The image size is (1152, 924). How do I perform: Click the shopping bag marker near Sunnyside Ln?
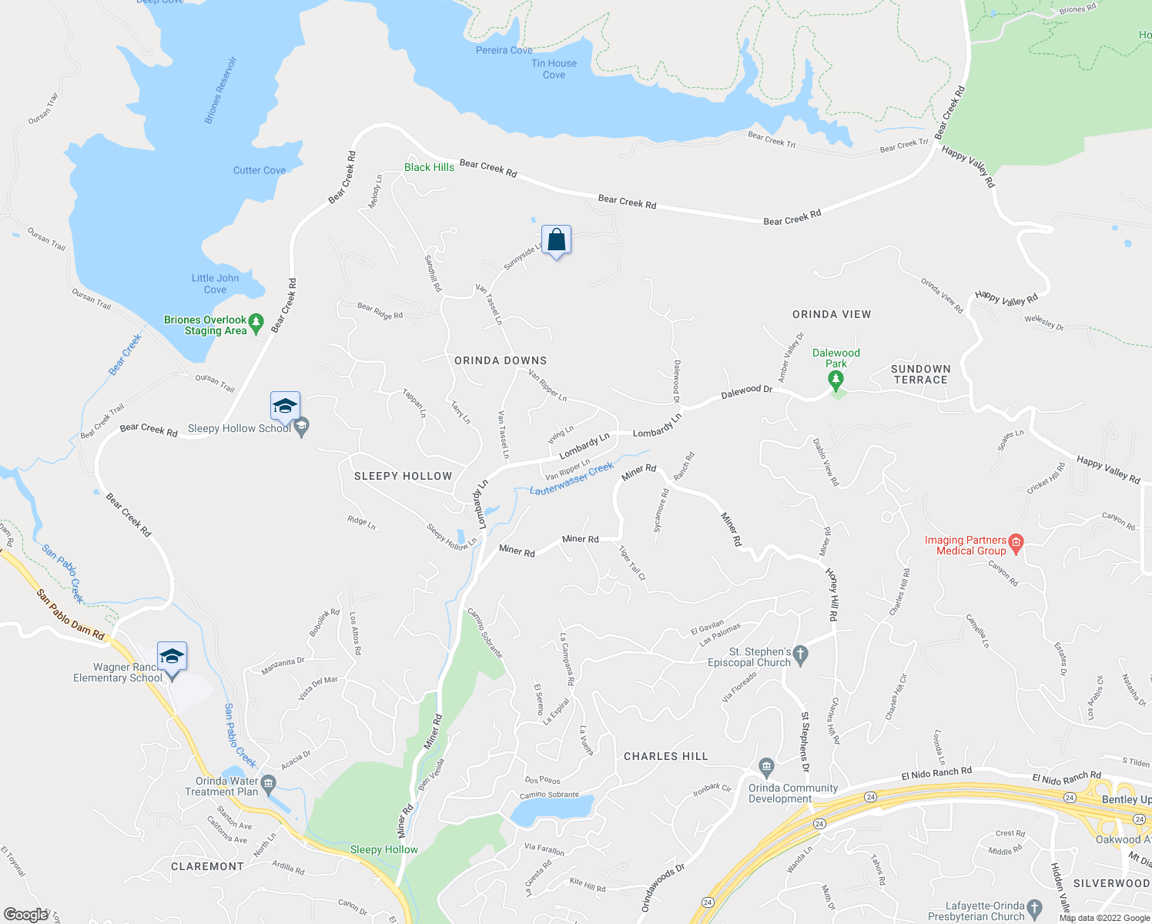pos(556,241)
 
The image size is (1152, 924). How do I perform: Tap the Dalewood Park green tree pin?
pos(836,379)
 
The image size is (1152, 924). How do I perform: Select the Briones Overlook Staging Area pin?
pos(256,323)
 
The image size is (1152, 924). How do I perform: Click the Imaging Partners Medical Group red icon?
pos(1016,544)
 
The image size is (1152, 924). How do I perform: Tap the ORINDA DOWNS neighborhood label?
pos(501,360)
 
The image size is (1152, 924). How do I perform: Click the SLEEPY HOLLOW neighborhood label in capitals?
pos(403,477)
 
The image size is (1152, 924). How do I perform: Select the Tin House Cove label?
pos(554,69)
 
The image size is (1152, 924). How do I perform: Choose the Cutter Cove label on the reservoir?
pos(260,170)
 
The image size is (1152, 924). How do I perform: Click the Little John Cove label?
pos(215,284)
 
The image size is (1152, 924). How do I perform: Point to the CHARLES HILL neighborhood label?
pos(665,757)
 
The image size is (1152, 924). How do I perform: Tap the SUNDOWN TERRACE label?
pos(921,374)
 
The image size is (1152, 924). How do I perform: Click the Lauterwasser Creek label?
pos(571,478)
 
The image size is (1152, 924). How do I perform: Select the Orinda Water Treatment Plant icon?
pos(268,784)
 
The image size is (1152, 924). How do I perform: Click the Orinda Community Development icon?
pos(766,767)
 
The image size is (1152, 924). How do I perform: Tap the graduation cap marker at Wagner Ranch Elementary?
pos(172,657)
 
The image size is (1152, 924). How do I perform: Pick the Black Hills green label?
pos(429,167)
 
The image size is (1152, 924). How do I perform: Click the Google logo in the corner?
pos(25,915)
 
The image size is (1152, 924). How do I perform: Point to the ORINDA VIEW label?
pos(832,314)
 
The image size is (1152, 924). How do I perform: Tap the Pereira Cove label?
pos(504,50)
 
